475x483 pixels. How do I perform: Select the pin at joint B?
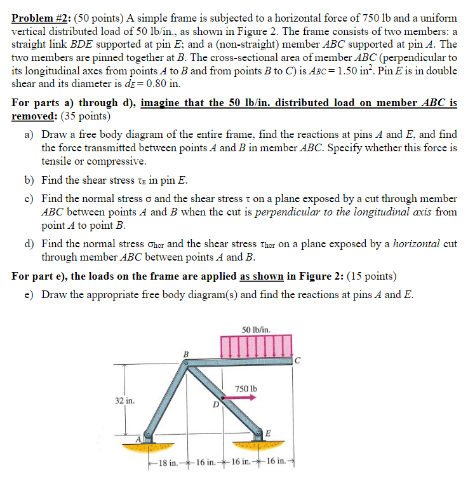tap(185, 364)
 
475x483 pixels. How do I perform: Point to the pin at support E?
tap(260, 433)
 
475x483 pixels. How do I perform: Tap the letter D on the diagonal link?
tap(216, 404)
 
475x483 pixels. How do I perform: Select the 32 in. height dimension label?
tap(124, 401)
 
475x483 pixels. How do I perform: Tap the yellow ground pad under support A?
tap(145, 447)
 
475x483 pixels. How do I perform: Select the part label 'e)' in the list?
tap(30, 294)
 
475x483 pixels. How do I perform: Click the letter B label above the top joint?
tap(186, 353)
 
